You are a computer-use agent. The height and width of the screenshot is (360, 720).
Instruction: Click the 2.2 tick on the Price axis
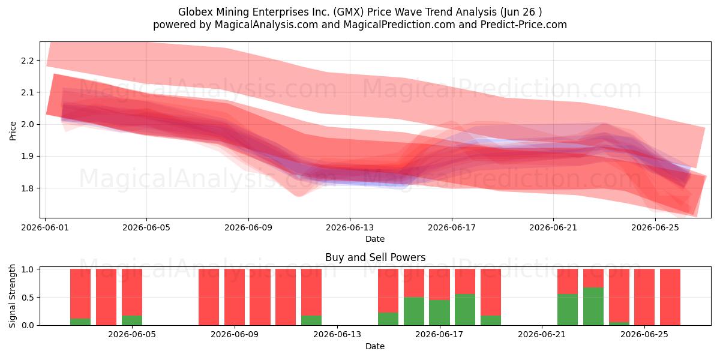28,61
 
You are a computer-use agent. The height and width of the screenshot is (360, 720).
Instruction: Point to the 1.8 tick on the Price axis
28,188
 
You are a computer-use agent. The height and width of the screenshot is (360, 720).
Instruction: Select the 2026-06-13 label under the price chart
350,227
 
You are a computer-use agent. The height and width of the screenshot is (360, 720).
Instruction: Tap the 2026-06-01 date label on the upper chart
45,227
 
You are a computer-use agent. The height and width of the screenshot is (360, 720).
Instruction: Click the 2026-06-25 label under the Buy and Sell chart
644,335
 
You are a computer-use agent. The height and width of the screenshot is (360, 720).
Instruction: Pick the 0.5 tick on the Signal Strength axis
28,298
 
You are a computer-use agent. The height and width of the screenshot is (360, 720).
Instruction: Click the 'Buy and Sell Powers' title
375,257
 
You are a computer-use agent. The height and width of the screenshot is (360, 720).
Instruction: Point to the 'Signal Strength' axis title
12,296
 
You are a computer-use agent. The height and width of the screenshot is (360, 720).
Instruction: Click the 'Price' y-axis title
13,131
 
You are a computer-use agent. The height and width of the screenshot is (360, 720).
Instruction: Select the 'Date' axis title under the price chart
375,239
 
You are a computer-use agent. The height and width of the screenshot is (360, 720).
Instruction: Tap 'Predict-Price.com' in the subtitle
524,25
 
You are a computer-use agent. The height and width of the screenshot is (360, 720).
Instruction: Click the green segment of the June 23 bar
593,307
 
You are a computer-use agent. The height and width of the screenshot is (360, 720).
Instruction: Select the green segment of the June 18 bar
465,310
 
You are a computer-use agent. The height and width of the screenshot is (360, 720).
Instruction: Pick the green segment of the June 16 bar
413,311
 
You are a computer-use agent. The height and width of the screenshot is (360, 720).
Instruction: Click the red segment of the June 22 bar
568,281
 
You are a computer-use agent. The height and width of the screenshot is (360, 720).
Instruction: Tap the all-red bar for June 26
670,297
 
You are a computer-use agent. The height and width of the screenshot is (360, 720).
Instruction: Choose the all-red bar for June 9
235,297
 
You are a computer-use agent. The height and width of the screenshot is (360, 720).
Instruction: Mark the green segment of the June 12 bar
311,320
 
